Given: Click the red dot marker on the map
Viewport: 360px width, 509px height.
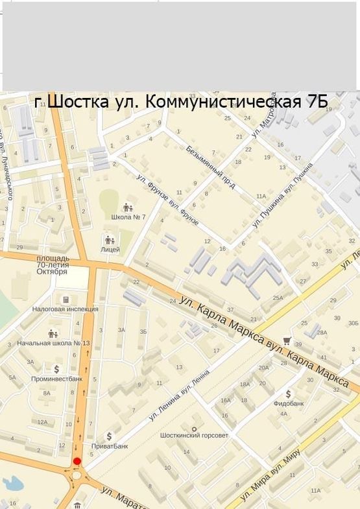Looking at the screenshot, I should (x=77, y=461).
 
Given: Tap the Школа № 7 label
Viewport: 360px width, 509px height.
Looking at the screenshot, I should (x=128, y=217).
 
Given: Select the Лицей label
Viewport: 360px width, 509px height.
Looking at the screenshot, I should (x=110, y=250).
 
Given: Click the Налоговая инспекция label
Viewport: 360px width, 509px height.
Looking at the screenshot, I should (x=66, y=309).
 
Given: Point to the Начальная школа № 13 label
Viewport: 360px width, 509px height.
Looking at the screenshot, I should (x=54, y=343).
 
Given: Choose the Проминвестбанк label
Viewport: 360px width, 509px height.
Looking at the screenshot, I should (x=57, y=378).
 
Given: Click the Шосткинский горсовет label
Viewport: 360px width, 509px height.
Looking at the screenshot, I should (x=195, y=435).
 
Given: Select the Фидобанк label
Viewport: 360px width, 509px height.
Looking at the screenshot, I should (x=289, y=403).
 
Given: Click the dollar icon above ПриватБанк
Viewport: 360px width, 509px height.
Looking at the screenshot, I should (x=110, y=436).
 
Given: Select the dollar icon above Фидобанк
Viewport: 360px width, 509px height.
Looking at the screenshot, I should (x=289, y=393).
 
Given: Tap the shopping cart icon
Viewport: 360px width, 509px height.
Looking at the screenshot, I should (x=287, y=340).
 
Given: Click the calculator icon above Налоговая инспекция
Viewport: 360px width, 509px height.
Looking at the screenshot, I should (x=66, y=300).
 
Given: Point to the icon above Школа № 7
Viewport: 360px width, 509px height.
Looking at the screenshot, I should (x=128, y=207).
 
